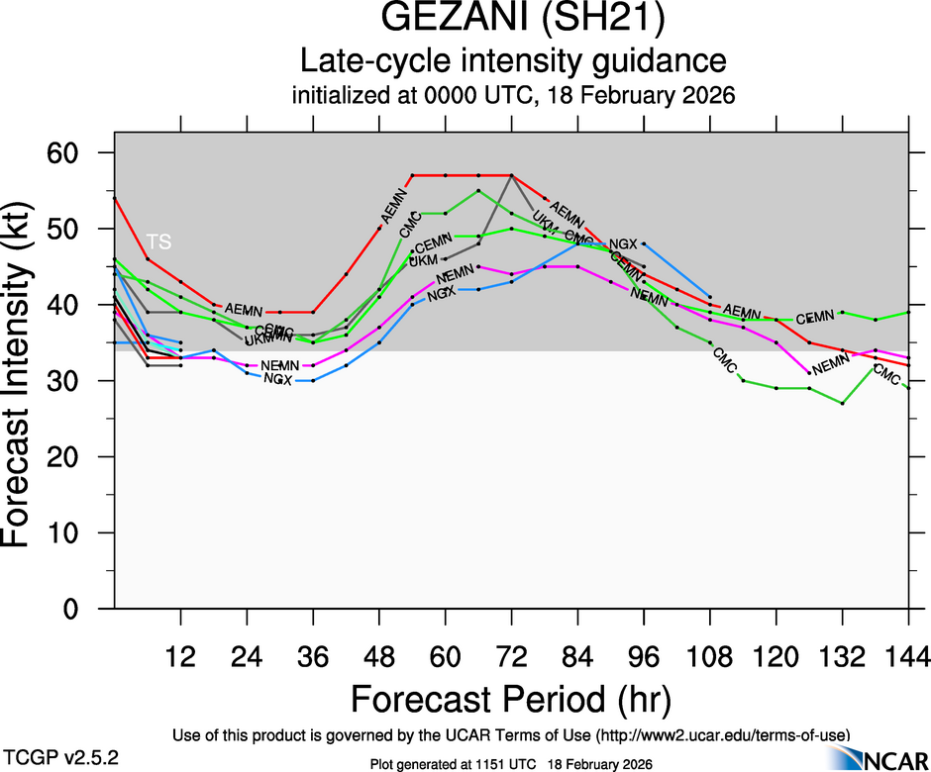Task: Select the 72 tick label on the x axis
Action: (511, 656)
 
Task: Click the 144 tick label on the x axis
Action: (908, 656)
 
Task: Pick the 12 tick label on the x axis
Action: (180, 656)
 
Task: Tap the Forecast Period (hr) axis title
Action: (511, 699)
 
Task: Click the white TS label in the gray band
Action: (158, 241)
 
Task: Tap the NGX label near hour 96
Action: (623, 243)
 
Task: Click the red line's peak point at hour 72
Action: (511, 175)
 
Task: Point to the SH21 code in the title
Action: (606, 21)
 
